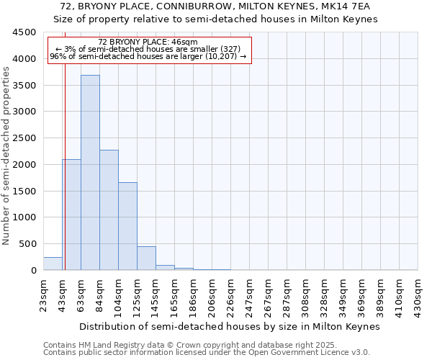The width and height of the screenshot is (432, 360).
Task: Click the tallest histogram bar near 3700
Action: point(90,173)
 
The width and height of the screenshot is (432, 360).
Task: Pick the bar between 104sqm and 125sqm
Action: point(127,226)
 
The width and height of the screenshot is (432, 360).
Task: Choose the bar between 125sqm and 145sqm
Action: point(146,258)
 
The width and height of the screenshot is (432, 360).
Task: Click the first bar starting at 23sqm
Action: point(53,264)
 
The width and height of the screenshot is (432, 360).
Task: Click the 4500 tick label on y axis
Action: point(24,32)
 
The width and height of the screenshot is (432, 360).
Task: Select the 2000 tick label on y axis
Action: point(24,165)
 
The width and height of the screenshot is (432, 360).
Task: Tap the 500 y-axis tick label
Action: point(27,244)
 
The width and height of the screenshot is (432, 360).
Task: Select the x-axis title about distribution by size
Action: point(229,326)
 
